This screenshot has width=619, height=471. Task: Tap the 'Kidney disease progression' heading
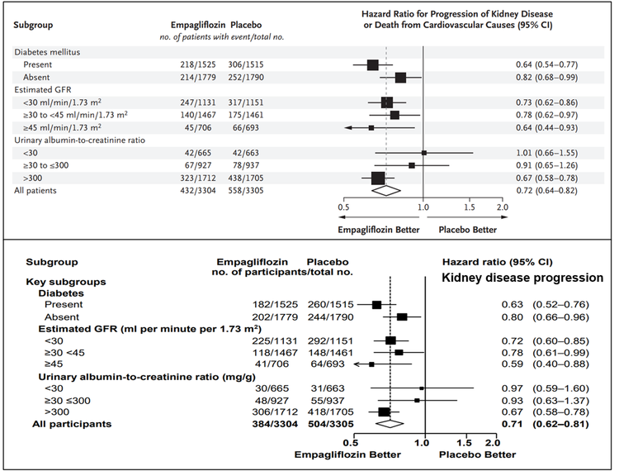point(524,278)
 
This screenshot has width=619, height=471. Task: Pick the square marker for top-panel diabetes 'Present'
point(372,64)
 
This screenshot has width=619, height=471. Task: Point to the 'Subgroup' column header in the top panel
point(34,24)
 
